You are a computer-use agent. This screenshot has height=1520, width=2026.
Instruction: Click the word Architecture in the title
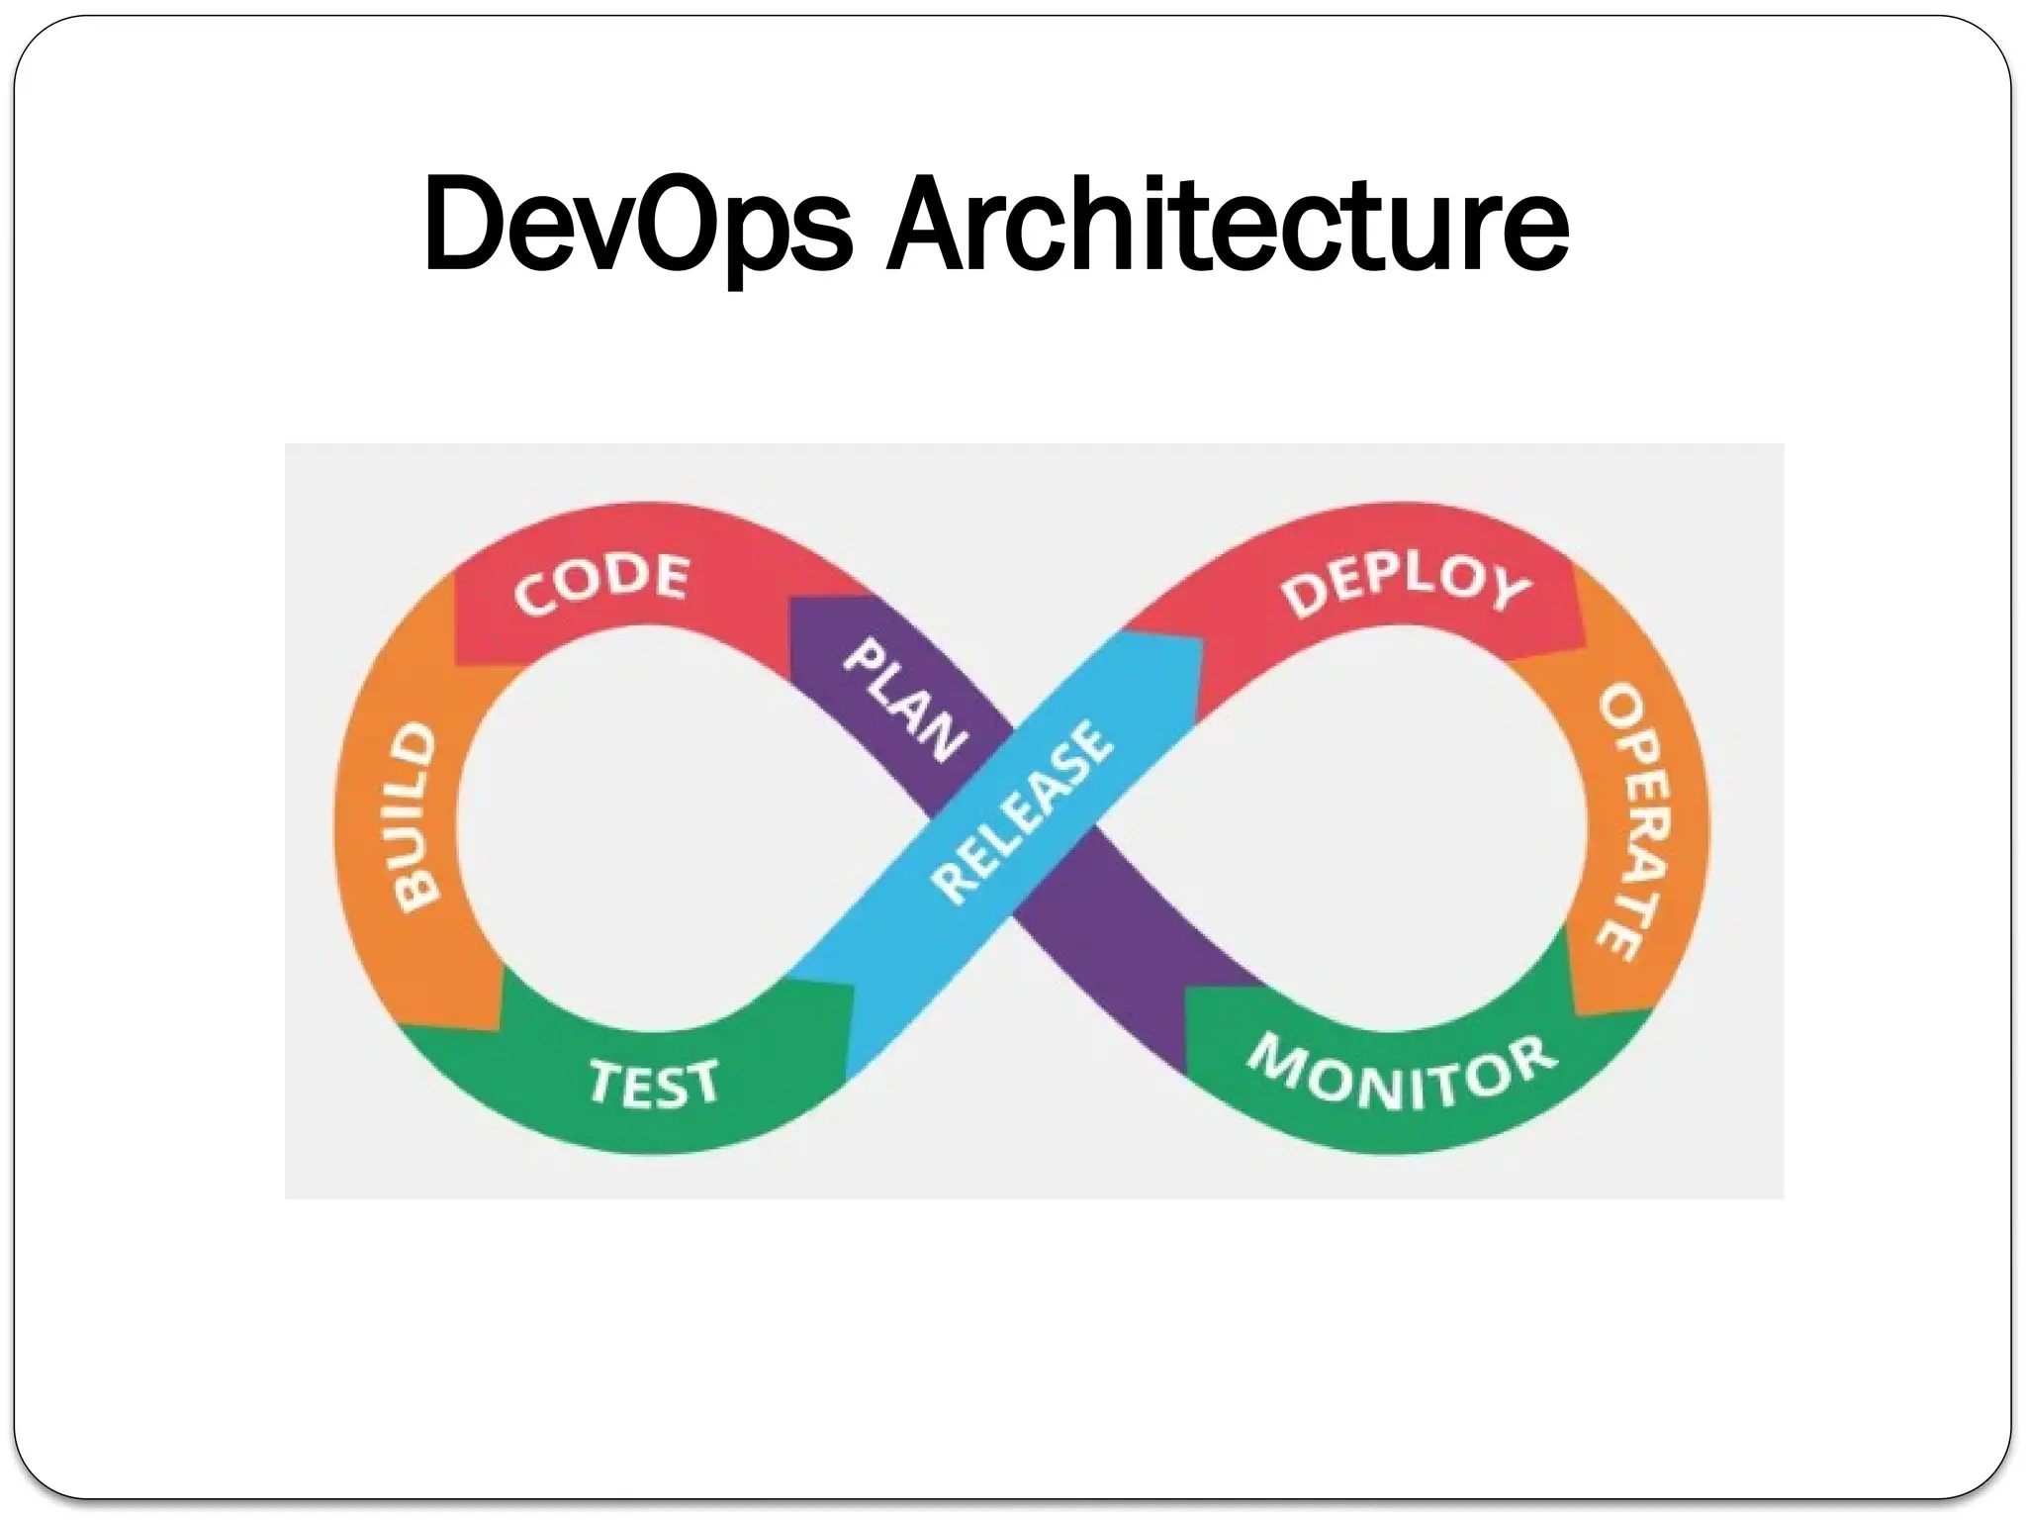point(1227,225)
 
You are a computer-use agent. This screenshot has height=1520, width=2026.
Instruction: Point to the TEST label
point(654,1082)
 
